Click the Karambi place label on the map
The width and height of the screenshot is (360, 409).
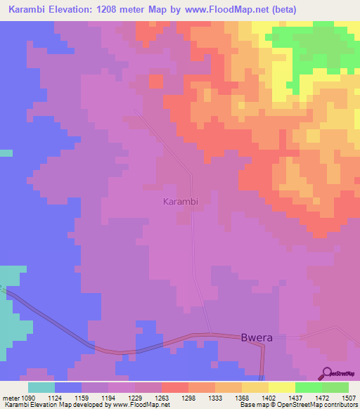click(180, 202)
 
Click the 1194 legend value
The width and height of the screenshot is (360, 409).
click(121, 397)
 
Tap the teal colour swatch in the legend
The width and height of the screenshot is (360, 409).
click(41, 387)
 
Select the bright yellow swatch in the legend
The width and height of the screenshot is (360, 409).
click(282, 387)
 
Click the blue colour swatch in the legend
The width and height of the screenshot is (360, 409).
click(68, 387)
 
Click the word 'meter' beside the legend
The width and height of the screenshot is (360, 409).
click(10, 397)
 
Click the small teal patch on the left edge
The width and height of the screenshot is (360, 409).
click(6, 152)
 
